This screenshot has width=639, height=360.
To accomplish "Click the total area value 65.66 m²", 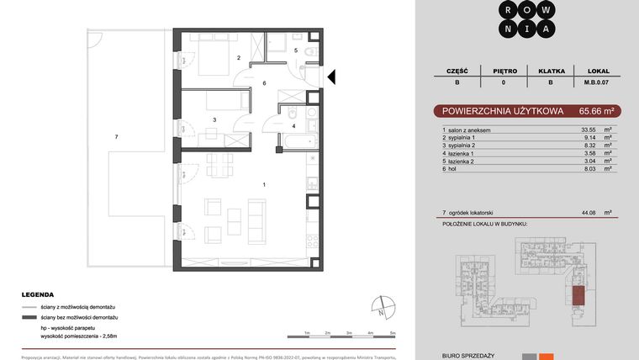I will point(599,110).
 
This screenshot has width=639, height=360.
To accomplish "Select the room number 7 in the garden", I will point(117,136).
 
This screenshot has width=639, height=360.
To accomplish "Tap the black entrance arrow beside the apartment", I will point(331,77).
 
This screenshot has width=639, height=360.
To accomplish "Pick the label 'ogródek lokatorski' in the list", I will point(473,213).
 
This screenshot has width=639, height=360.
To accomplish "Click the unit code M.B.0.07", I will point(597,82).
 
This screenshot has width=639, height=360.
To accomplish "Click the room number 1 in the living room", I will point(264,184).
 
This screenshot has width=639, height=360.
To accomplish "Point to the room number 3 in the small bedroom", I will point(214,120).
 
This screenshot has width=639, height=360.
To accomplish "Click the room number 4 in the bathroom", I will point(293,126).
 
